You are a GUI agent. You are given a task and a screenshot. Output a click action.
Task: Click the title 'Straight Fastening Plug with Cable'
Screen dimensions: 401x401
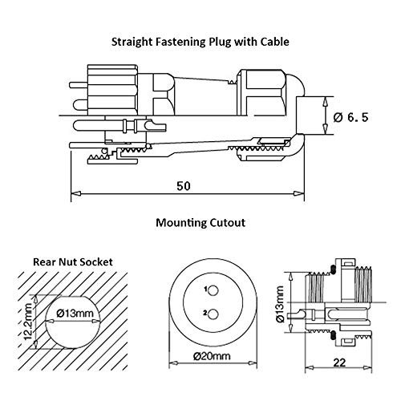[x=200, y=42]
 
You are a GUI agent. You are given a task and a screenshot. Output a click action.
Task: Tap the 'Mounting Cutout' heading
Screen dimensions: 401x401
[x=200, y=222]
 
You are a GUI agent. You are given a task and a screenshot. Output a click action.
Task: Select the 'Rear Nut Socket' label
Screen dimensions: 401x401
[x=73, y=262]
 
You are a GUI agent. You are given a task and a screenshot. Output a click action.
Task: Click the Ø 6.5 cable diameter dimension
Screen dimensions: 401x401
[x=350, y=117]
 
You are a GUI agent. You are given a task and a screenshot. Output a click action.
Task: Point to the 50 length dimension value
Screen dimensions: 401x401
[x=184, y=186]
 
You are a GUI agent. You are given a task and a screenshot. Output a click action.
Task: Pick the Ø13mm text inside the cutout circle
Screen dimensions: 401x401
[x=75, y=313]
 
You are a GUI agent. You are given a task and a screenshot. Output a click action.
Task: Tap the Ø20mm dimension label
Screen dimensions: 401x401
[x=212, y=356]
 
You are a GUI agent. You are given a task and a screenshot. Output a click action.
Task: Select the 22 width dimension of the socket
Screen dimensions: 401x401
[x=339, y=363]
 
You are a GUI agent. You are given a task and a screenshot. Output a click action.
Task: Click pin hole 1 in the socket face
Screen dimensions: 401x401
[x=213, y=290]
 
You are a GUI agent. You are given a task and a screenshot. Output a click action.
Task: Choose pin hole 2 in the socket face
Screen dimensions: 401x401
[x=213, y=314]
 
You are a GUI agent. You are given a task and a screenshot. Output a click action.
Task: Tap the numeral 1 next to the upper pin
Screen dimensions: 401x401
[x=205, y=289]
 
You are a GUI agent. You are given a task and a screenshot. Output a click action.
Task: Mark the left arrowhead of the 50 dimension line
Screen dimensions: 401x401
[x=76, y=193]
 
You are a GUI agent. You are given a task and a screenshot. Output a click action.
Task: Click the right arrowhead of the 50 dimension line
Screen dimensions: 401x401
[x=299, y=193]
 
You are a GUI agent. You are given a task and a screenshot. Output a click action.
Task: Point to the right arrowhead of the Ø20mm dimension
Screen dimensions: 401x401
[x=253, y=363]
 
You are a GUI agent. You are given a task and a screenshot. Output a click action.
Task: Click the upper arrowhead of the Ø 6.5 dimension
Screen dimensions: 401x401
[x=326, y=102]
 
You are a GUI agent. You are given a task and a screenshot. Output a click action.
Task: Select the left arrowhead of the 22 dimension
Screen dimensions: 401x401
[x=310, y=368]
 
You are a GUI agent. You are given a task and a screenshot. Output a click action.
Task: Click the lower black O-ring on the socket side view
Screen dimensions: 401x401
[x=333, y=335]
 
